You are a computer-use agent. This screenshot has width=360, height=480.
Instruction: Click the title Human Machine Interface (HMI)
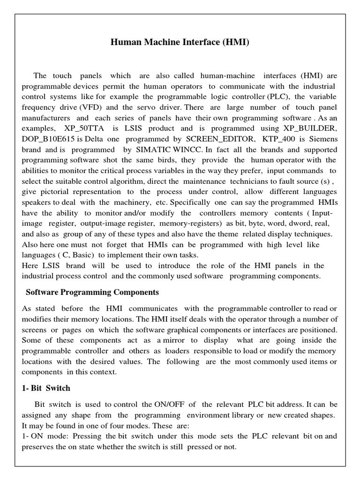tap(180, 43)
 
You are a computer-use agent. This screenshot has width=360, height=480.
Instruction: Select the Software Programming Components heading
tap(92, 292)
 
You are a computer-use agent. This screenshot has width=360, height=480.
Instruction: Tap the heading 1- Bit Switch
tap(46, 388)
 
